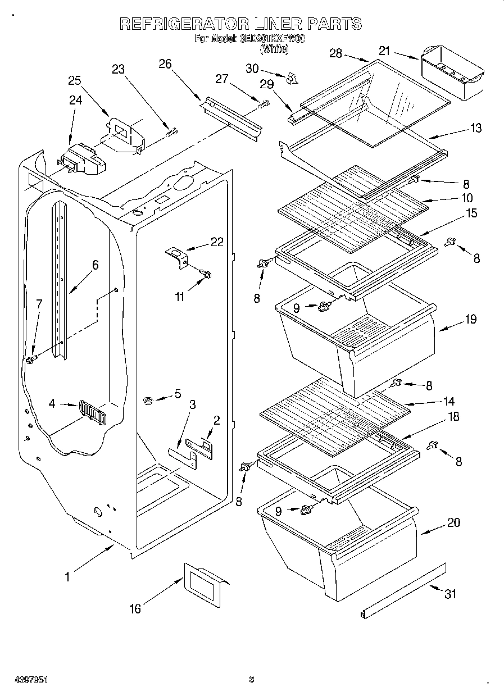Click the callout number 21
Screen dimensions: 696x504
384,51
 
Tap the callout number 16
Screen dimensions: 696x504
135,609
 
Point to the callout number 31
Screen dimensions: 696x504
451,594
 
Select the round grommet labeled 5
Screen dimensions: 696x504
149,401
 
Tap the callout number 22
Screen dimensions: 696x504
216,242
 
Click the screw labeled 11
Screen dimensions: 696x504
206,274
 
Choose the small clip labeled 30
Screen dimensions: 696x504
292,78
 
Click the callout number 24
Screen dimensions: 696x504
75,101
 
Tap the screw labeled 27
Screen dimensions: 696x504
264,103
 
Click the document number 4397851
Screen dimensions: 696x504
24,680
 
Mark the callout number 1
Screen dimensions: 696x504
67,576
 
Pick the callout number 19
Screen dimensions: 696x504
470,319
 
